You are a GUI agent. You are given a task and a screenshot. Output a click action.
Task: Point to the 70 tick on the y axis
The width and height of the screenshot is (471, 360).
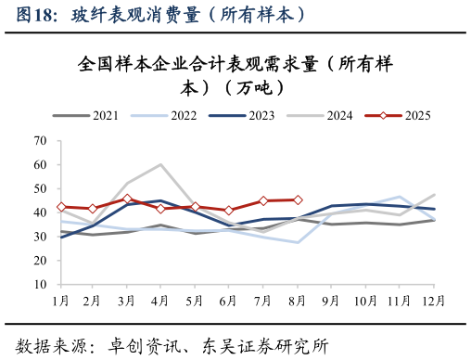tap(40, 141)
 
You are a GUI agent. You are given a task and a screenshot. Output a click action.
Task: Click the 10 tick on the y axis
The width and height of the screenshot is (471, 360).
tap(40, 284)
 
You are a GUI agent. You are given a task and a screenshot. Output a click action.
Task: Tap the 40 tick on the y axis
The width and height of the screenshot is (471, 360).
tap(40, 212)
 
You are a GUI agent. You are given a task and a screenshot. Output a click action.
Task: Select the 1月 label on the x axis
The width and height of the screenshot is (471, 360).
tap(61, 302)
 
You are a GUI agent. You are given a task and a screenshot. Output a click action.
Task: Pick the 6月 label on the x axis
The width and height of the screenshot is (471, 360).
tap(229, 302)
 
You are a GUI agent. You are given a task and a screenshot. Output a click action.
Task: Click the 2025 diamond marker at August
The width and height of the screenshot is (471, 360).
tap(298, 199)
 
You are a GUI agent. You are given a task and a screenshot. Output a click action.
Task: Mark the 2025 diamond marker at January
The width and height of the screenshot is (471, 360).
tap(61, 207)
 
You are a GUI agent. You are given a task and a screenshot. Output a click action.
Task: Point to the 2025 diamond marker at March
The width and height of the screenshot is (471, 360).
tap(128, 199)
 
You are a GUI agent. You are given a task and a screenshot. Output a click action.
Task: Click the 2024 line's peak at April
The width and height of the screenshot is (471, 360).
tap(161, 165)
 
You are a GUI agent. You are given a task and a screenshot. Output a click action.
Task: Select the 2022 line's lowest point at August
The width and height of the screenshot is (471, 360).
tap(298, 242)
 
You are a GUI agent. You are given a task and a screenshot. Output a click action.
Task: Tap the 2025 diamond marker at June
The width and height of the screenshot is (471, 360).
tap(229, 211)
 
